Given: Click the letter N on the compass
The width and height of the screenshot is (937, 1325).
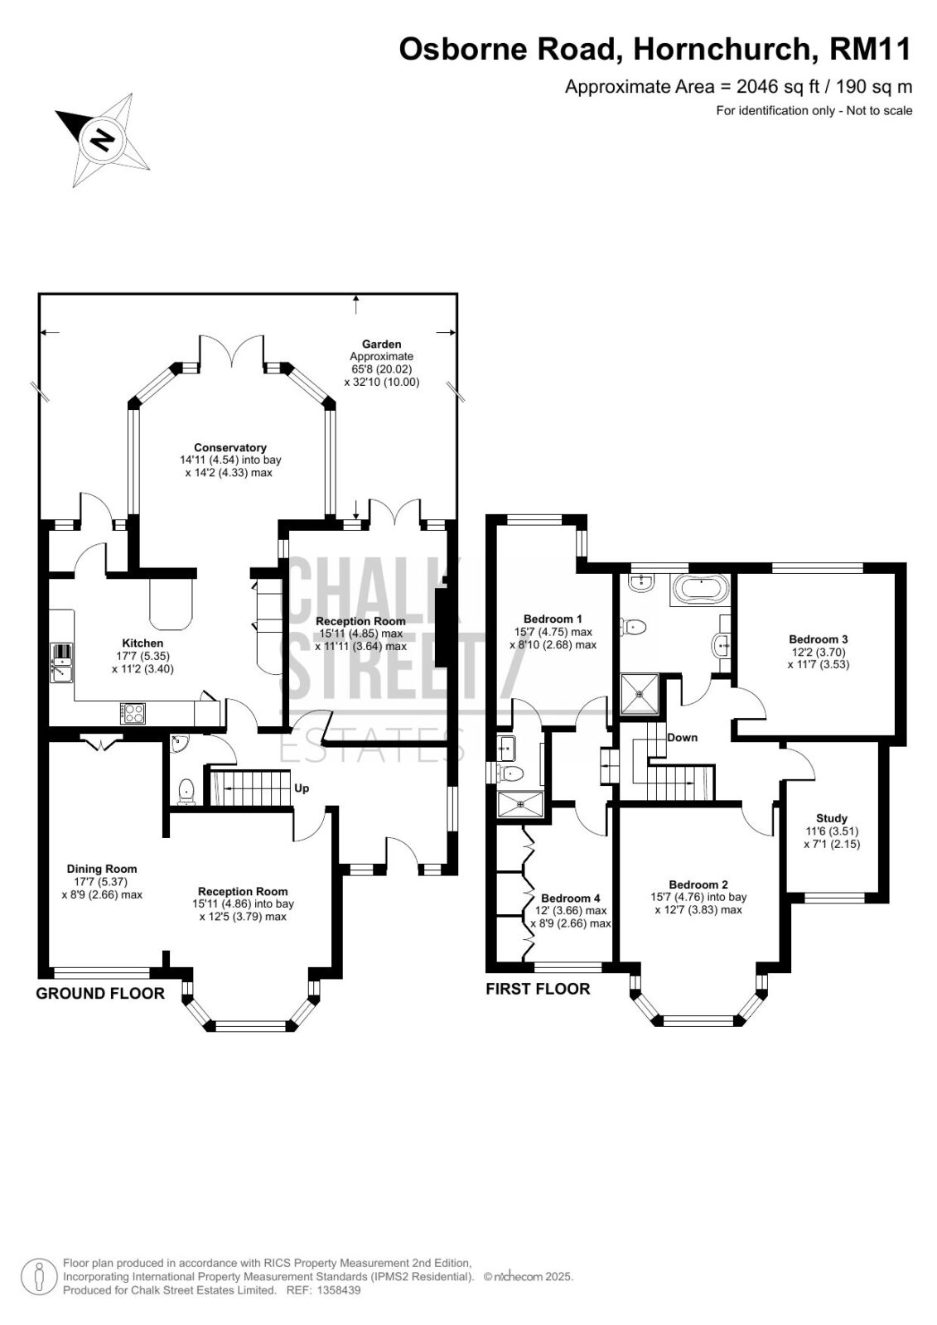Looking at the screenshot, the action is [x=103, y=140].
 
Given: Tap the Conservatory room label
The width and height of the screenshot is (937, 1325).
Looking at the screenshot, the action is [x=230, y=448].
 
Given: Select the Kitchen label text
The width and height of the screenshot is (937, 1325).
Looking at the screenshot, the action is [x=142, y=643].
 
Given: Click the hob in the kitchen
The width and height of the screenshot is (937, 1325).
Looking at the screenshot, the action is [x=133, y=713].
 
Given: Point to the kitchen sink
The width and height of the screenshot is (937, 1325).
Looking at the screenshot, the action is [x=61, y=662].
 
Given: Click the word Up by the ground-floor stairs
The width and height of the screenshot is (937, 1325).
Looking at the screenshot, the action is [x=302, y=788].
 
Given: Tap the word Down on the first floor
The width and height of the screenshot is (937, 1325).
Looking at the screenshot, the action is [x=683, y=738].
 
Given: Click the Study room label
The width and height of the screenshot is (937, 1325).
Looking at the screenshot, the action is [x=832, y=818].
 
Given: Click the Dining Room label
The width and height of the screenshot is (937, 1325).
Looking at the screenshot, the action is [x=102, y=869].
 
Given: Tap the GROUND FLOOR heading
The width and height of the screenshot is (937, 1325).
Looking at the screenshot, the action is [x=100, y=993].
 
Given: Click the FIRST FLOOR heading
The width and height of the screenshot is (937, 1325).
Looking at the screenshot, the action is [x=538, y=989].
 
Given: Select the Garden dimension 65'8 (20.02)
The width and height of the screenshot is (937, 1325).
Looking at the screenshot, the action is [x=381, y=369].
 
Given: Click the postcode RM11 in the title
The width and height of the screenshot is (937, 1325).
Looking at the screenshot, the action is [x=870, y=49].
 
